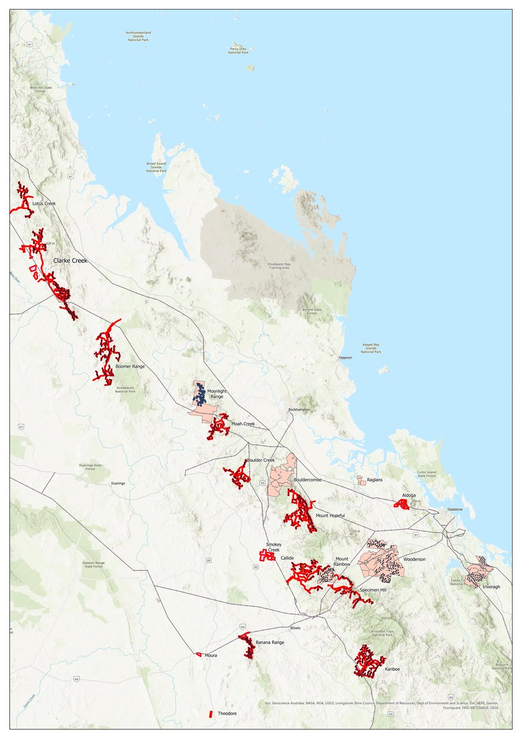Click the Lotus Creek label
(44, 203)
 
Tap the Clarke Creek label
(71, 261)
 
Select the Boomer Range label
(130, 367)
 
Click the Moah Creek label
(242, 424)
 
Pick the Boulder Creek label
(261, 461)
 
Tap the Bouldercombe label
(308, 479)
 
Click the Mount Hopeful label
(330, 516)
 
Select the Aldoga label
(409, 495)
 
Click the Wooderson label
(415, 560)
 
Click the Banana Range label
(270, 642)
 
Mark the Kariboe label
(392, 670)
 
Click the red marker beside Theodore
(210, 714)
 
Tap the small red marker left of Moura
(198, 654)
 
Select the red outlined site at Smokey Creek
(266, 554)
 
